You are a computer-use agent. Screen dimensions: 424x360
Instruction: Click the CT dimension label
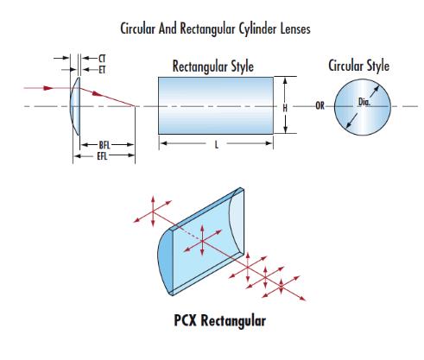click(102, 59)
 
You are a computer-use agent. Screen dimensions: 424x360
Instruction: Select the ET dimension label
click(102, 70)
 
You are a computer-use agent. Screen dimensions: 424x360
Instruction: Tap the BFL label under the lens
click(104, 145)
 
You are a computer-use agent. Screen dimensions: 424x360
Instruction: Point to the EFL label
click(102, 156)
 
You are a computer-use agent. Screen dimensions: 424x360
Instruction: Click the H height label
click(285, 108)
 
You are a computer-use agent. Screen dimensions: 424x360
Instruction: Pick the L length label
click(217, 145)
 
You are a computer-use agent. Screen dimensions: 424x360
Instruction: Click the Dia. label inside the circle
click(364, 102)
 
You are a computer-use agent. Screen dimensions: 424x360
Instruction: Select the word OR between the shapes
click(320, 106)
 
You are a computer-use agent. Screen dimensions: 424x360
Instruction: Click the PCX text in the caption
click(185, 320)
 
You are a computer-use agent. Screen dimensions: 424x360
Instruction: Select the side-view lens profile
click(75, 106)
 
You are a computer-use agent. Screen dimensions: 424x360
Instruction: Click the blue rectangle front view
click(216, 105)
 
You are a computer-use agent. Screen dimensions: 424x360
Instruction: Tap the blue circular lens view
click(363, 107)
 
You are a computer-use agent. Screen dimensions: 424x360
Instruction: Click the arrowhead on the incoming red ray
click(48, 88)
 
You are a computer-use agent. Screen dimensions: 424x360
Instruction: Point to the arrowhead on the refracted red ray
click(98, 93)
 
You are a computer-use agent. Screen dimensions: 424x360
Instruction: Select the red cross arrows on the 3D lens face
click(202, 241)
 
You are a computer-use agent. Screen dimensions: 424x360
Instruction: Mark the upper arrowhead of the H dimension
click(285, 81)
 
